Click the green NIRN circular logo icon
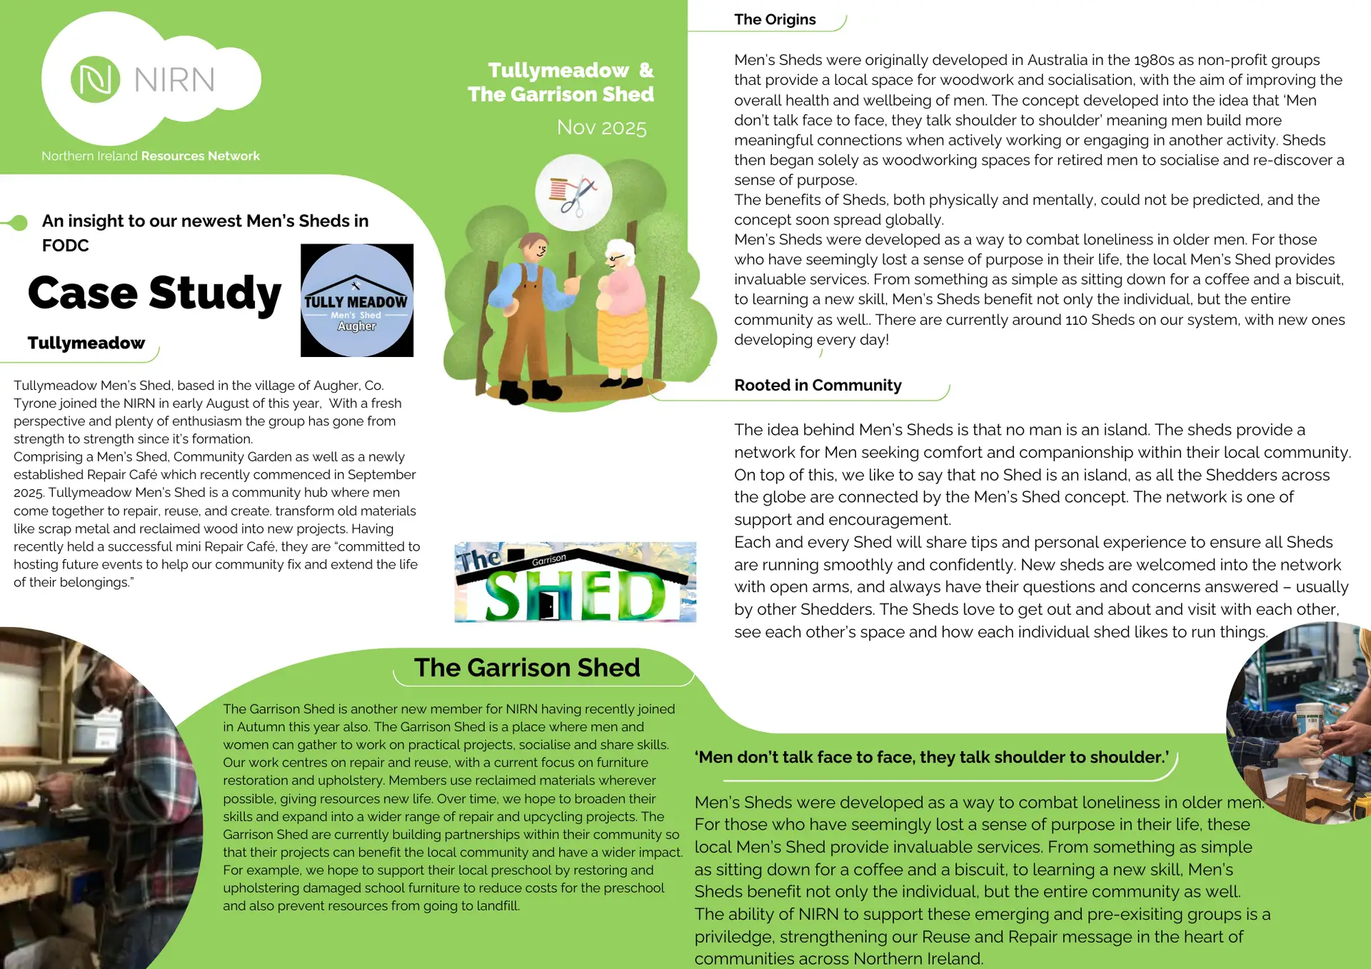click(x=95, y=79)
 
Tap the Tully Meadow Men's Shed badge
click(x=357, y=301)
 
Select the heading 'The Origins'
click(x=775, y=20)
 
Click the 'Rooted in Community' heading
click(x=818, y=386)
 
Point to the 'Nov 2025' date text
click(x=601, y=128)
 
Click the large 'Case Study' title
click(x=154, y=293)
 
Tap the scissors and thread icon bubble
click(x=573, y=193)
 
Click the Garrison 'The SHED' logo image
click(x=576, y=582)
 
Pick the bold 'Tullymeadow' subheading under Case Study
click(x=86, y=343)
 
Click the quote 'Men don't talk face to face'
click(x=933, y=758)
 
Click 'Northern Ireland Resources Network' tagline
click(x=151, y=156)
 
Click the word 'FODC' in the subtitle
click(x=66, y=246)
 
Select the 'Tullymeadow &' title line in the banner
click(x=571, y=71)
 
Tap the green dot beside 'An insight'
click(x=20, y=223)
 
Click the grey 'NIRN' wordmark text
click(x=174, y=80)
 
